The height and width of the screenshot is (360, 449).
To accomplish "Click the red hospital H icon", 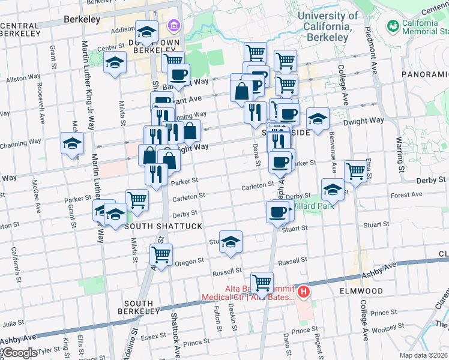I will (x=304, y=292).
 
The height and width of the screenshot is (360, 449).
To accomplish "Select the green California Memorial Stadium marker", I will (x=393, y=26).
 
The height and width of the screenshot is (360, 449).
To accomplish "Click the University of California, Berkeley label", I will (x=328, y=26).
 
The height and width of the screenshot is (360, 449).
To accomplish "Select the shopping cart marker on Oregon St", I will (x=161, y=254).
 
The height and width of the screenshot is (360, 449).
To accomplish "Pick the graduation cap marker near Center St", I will (x=114, y=63).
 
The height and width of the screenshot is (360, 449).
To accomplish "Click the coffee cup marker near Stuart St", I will (x=277, y=212).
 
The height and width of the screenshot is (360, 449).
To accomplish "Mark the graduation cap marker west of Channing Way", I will (x=72, y=144).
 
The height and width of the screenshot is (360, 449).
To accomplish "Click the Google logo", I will (x=20, y=353).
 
